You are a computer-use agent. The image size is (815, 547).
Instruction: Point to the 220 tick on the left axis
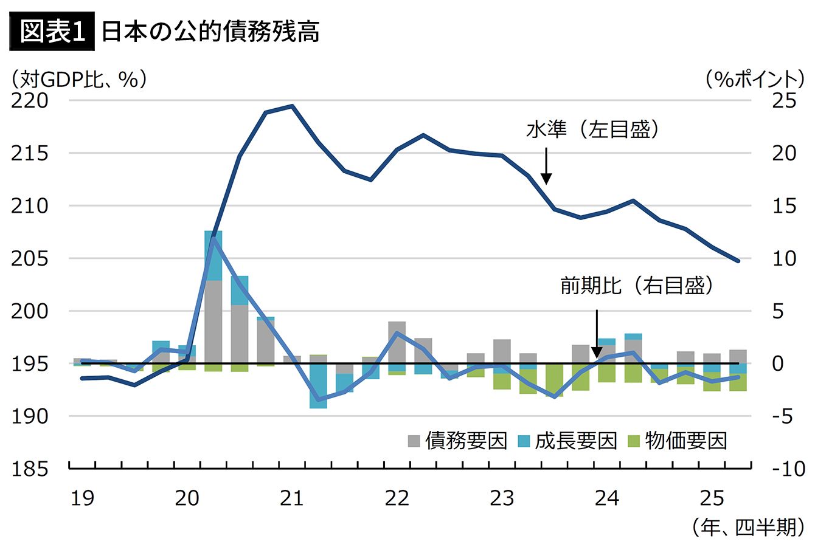(29, 101)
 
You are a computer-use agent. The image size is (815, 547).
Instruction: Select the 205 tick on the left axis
(29, 259)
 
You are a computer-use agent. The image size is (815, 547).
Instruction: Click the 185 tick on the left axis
(29, 469)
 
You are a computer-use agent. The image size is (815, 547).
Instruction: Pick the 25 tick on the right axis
(783, 101)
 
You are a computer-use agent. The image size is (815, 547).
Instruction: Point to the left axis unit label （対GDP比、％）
(78, 80)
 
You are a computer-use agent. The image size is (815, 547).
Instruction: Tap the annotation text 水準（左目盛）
(593, 130)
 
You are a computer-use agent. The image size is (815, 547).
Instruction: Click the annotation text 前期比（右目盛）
(636, 286)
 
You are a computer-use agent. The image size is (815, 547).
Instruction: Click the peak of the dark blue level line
(292, 106)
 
